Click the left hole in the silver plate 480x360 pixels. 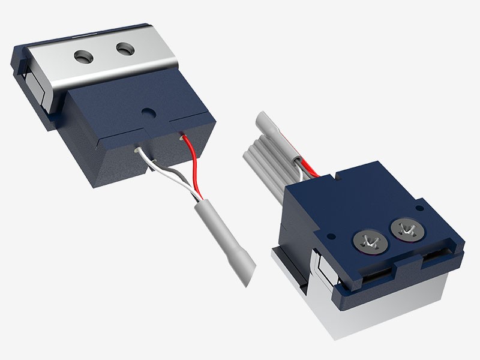(83, 56)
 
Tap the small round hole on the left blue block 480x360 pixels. (146, 112)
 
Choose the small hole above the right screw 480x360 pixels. (419, 209)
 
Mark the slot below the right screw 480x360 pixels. (438, 258)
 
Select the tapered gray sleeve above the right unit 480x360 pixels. (273, 128)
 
